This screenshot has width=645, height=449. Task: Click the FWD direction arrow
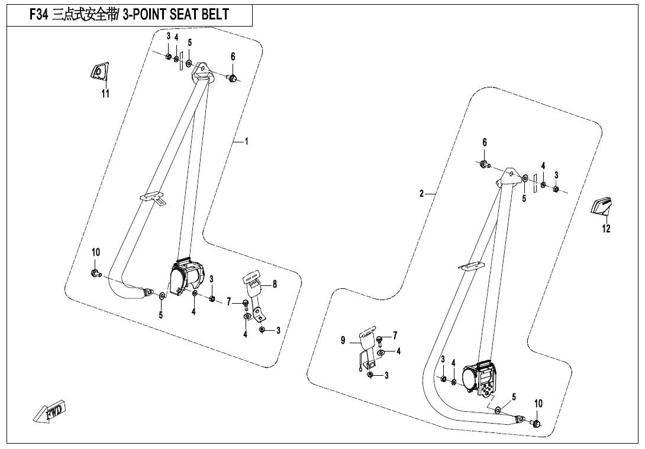[50, 411]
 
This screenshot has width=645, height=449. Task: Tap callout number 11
[105, 93]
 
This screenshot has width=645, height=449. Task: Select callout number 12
[607, 229]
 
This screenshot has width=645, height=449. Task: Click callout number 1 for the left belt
[246, 141]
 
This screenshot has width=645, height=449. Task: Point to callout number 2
[421, 193]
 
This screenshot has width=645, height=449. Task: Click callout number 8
[275, 284]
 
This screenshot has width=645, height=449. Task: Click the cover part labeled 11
[99, 72]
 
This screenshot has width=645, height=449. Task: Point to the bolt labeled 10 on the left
[95, 273]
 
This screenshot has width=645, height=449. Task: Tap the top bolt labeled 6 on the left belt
[233, 78]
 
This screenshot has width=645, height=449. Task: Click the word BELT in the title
[212, 15]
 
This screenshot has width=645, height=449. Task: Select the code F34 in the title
[39, 15]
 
